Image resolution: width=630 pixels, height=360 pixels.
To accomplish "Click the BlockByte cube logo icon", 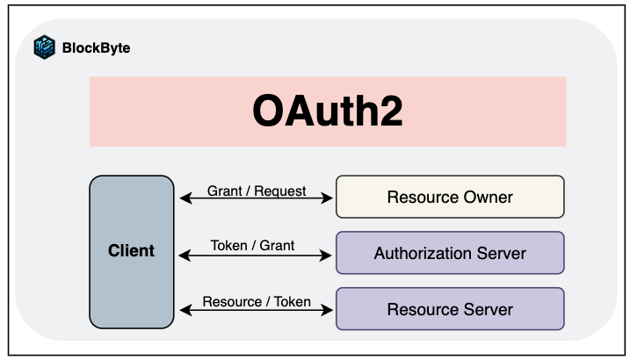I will click(x=44, y=47).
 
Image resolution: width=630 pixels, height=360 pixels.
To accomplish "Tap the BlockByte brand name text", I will click(x=96, y=48).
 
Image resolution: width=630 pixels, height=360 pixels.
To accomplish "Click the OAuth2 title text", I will click(x=328, y=112).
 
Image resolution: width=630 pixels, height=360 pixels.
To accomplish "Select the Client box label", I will click(x=131, y=251).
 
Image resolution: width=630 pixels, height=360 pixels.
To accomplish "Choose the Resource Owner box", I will click(x=450, y=197).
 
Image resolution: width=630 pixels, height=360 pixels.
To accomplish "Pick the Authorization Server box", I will click(x=450, y=254).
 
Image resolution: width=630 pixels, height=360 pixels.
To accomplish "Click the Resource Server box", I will click(x=450, y=309).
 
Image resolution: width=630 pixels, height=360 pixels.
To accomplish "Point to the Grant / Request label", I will click(x=257, y=191).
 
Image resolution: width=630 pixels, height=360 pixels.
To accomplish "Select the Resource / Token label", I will click(x=257, y=301).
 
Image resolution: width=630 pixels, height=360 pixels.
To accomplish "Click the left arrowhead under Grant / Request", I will click(x=184, y=200).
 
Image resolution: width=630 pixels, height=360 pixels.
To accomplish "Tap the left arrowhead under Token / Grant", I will click(x=184, y=256).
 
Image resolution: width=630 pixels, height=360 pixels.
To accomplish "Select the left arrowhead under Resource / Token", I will click(x=184, y=310).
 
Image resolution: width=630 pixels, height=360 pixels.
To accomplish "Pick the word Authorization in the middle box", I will click(x=423, y=254).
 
